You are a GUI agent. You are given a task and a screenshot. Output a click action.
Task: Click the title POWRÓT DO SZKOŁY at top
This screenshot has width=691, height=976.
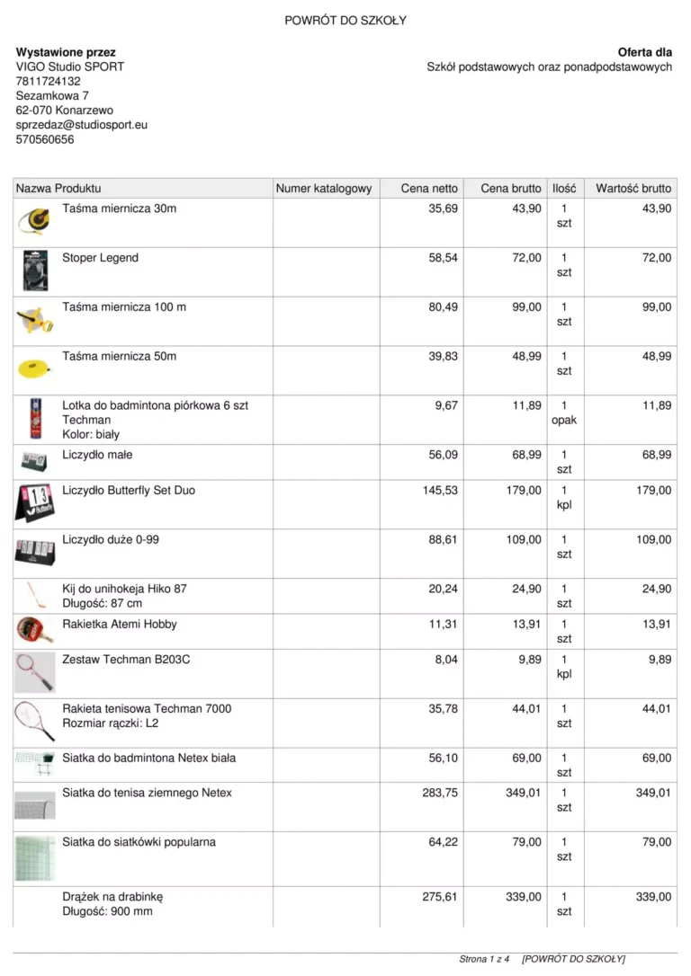coord(345,21)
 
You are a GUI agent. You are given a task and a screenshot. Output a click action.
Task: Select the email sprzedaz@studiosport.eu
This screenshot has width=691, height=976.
coord(82,125)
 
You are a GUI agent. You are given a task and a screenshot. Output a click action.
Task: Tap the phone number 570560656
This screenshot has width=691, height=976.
coord(45,139)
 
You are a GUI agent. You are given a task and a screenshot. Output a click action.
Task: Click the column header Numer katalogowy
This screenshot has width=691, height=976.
coord(324,189)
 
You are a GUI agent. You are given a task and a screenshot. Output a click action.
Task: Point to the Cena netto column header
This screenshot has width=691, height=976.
coord(429,189)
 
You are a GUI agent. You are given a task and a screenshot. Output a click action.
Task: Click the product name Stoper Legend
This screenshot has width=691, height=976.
coord(100,258)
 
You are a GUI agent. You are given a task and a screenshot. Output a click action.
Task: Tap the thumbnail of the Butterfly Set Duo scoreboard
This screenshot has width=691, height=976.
coord(35,502)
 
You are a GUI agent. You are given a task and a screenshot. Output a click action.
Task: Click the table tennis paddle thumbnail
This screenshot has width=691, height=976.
coord(34,629)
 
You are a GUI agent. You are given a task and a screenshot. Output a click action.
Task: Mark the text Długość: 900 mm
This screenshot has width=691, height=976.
coord(107,911)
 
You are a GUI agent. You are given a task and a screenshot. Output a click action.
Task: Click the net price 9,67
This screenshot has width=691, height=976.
coord(445,405)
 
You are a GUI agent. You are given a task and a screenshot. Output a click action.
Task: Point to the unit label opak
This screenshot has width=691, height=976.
coord(564,420)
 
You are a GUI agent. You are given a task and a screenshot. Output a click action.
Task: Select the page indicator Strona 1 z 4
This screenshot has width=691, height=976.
coord(484,959)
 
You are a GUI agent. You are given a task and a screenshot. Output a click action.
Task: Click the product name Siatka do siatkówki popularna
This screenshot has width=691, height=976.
coord(139,842)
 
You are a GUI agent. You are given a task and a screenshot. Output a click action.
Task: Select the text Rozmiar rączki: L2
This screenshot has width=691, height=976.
coord(110,723)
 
